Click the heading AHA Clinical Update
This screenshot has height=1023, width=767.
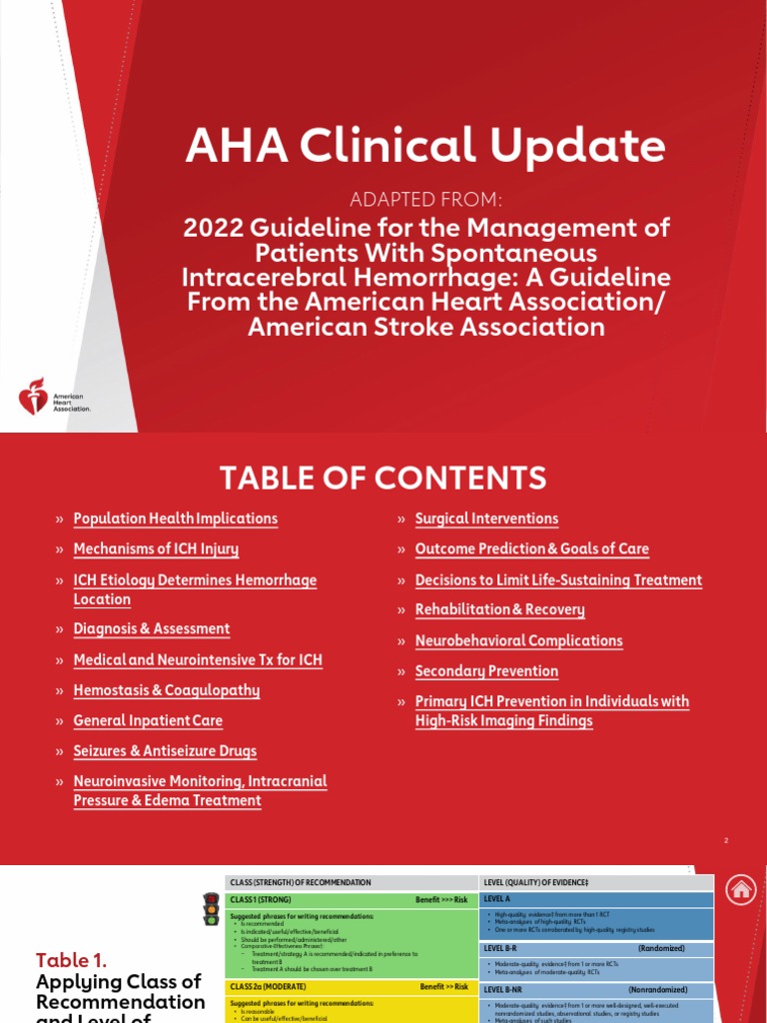tap(425, 146)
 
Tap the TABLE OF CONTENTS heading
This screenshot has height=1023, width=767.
tap(383, 478)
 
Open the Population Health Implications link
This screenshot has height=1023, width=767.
tap(176, 518)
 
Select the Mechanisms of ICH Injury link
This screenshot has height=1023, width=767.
tap(156, 548)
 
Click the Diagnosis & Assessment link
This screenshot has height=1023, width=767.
tap(152, 629)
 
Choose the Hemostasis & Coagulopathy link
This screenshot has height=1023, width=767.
tap(167, 690)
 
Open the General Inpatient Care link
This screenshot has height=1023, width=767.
tap(148, 720)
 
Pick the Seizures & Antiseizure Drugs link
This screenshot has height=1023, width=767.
tap(165, 751)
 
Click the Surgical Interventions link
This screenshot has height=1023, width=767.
tap(486, 518)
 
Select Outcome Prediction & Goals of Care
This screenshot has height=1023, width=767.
tap(531, 548)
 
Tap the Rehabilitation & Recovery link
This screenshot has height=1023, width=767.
tap(499, 609)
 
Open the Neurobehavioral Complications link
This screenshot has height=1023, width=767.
tap(518, 640)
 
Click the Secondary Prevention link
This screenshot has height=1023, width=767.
tap(486, 671)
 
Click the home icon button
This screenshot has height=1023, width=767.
tap(740, 888)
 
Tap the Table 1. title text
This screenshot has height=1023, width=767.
tap(71, 960)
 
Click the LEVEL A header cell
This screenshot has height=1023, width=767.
tap(497, 900)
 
